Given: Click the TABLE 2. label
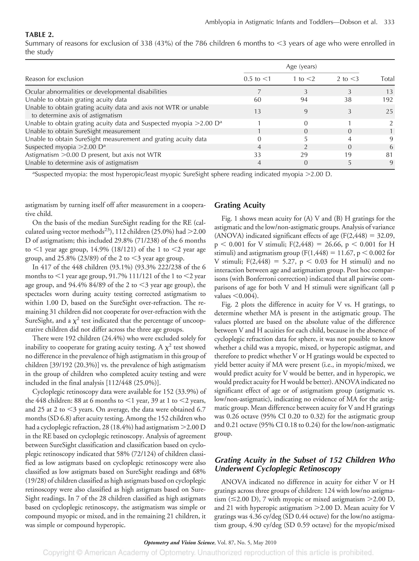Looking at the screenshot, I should coord(39,35).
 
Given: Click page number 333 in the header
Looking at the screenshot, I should coord(389,22).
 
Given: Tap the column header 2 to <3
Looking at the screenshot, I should coord(348,79).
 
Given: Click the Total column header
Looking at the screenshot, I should coord(387,79).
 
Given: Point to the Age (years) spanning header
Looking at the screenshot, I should coord(301,67).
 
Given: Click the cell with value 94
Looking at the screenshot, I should coord(304,100).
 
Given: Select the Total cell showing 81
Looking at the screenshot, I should coord(389,155).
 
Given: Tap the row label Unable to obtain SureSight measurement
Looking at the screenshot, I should coord(83,131).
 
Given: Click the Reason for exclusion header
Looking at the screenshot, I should coord(54,79).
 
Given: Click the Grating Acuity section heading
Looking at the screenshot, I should coord(240,205).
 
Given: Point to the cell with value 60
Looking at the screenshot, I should coord(257,100).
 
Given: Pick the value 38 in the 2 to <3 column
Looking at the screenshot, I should coord(348,100).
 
